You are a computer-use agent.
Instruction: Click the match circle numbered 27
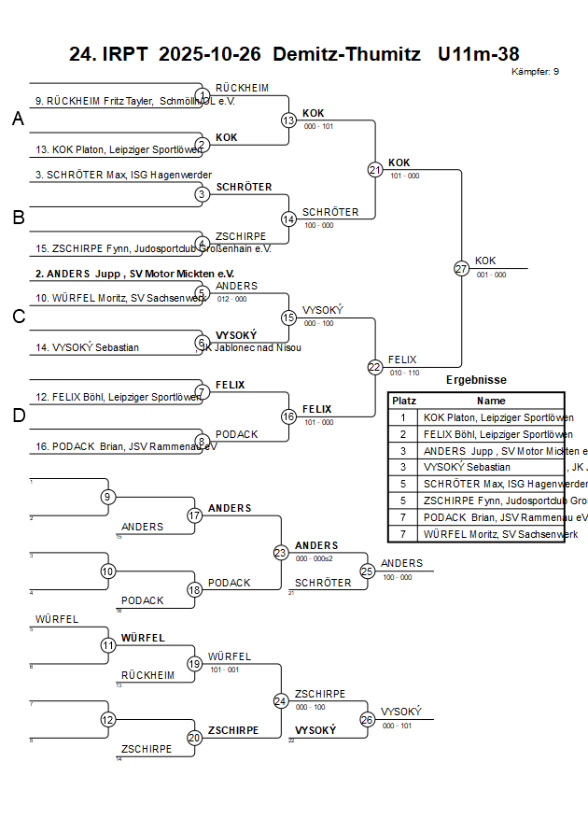pos(461,268)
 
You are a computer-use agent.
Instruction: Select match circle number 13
pos(288,120)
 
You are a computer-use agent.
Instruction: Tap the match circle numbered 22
pos(374,367)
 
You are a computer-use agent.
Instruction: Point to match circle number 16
pos(288,416)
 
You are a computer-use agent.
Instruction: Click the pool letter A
pos(18,119)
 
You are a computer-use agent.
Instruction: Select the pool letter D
pos(18,416)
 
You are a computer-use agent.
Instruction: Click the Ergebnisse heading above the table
pos(476,380)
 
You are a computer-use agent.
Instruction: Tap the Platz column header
pos(404,400)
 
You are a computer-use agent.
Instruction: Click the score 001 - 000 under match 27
pos(491,275)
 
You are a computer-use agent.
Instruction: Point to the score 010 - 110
pos(404,373)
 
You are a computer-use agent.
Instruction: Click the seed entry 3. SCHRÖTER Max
pos(123,175)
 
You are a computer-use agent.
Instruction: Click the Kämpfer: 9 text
pos(536,72)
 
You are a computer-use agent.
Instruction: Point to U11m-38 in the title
pos(478,54)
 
